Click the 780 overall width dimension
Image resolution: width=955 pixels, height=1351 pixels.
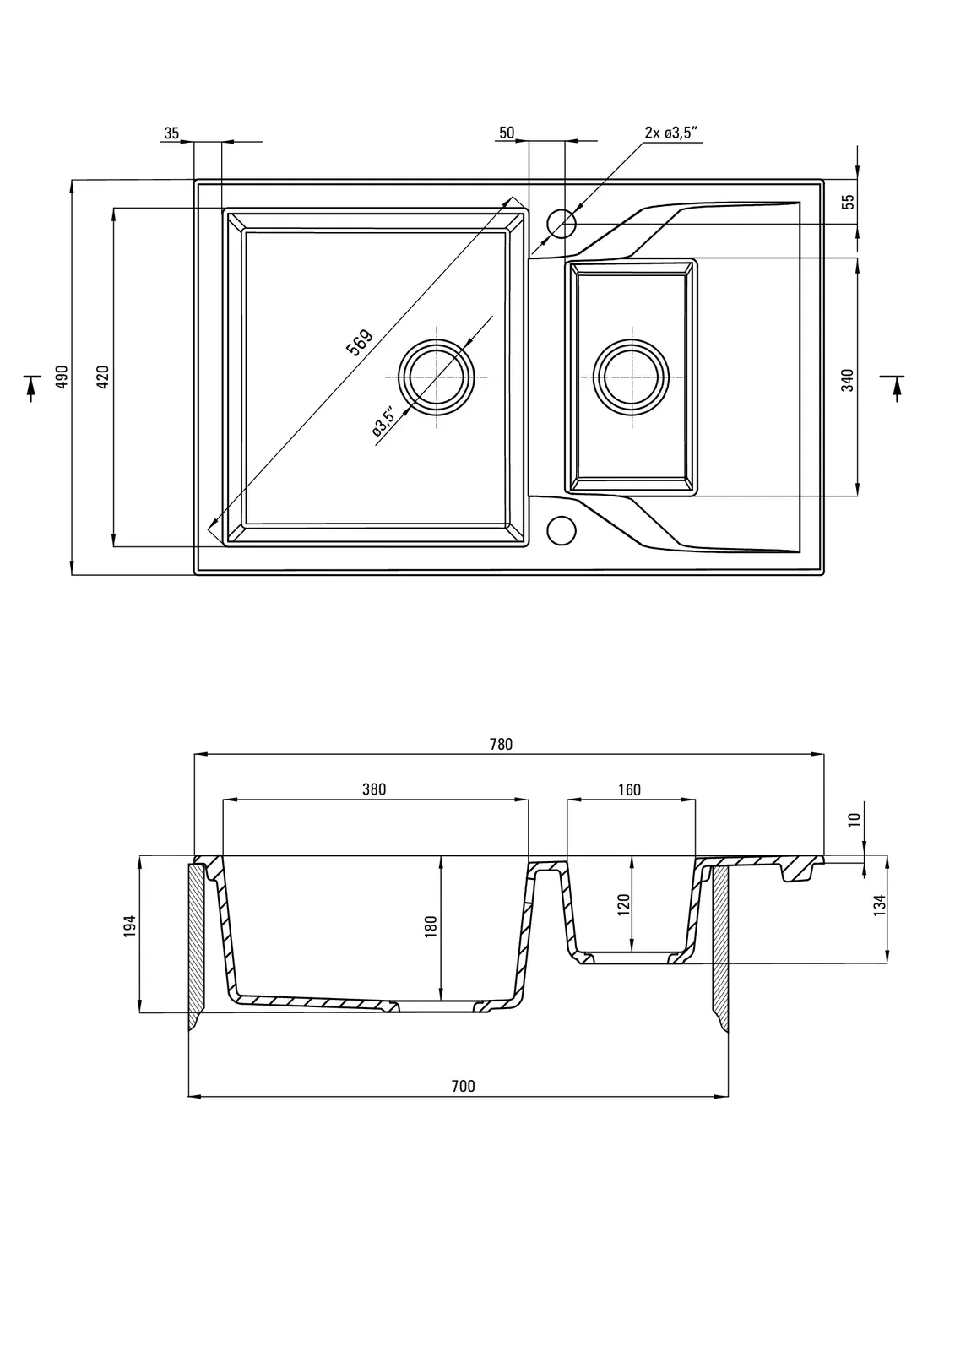click(501, 744)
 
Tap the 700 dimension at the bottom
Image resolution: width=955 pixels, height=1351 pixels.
click(464, 1086)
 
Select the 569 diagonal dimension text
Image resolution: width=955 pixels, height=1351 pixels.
click(360, 342)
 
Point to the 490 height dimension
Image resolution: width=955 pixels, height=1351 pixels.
click(61, 377)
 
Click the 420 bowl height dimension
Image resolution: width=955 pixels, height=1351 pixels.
click(103, 377)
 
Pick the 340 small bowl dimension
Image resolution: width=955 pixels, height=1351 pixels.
click(848, 379)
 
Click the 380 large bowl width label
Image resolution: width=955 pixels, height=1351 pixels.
click(374, 789)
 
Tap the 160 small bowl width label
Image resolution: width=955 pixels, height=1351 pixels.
click(629, 789)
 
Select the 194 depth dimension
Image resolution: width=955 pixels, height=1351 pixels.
click(129, 926)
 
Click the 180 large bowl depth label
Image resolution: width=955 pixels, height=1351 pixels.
click(431, 926)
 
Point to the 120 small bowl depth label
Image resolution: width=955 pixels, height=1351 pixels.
click(624, 905)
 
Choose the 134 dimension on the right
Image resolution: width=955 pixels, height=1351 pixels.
click(879, 905)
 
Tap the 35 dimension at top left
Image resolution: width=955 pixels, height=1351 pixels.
click(171, 133)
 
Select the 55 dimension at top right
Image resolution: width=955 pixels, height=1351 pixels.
click(849, 202)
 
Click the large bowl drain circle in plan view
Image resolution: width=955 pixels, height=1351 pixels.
click(437, 377)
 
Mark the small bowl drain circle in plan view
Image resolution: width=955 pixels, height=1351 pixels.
click(631, 377)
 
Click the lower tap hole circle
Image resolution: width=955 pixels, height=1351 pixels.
click(561, 529)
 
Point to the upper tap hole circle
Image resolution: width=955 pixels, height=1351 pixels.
click(561, 224)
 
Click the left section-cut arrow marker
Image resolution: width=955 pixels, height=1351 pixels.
click(31, 387)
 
